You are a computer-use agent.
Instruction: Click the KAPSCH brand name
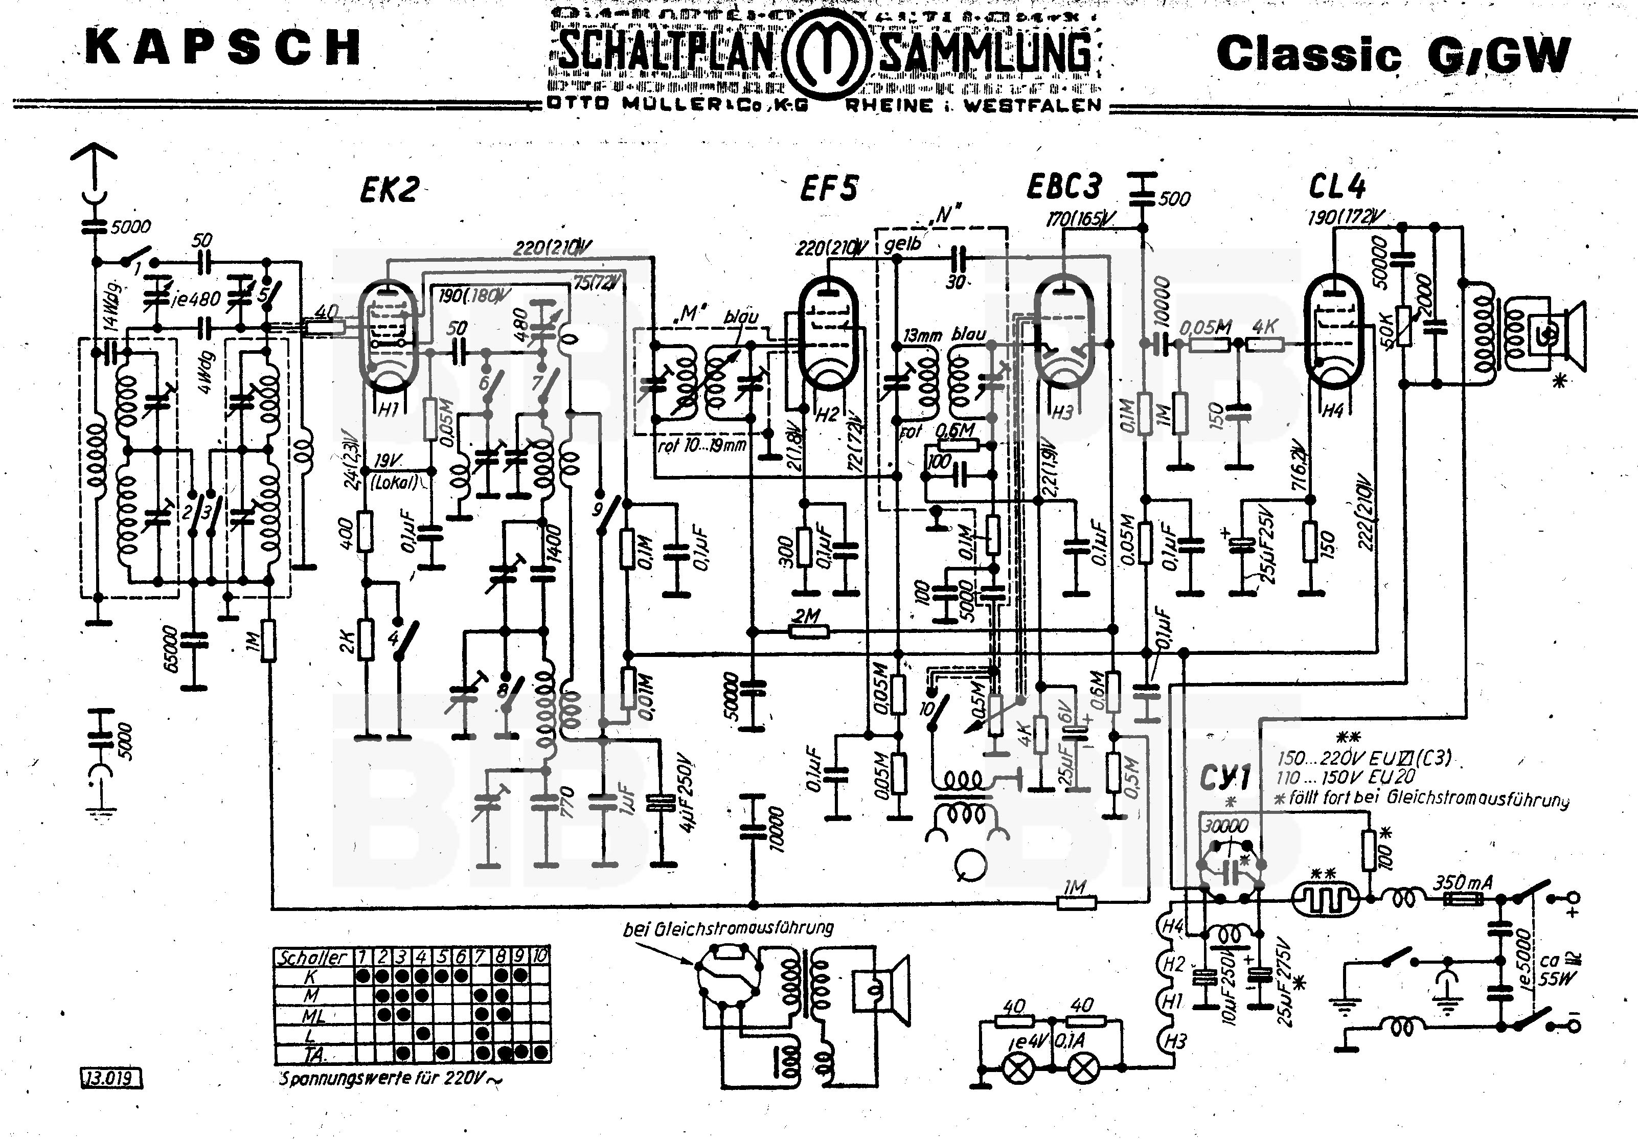click(222, 48)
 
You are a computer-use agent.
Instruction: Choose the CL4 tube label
click(1336, 187)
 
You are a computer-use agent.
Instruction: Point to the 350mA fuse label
click(1463, 882)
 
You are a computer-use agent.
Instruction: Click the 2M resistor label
click(806, 616)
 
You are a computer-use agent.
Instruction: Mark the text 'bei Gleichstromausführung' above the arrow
click(727, 928)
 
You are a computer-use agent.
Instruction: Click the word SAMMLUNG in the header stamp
click(985, 55)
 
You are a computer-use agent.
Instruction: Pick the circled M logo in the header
click(826, 55)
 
